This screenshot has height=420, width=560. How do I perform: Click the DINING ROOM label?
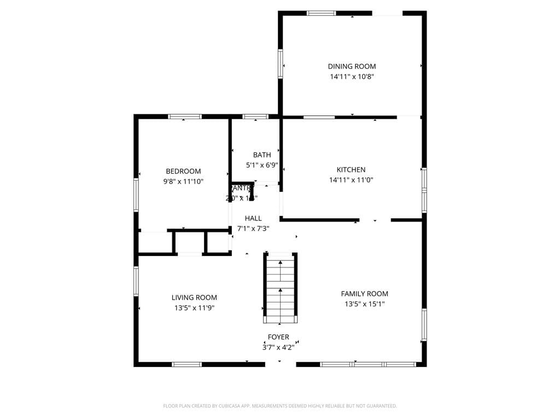pyautogui.click(x=352, y=67)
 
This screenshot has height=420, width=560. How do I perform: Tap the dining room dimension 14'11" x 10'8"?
pyautogui.click(x=352, y=77)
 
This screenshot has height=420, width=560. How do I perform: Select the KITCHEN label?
pyautogui.click(x=351, y=170)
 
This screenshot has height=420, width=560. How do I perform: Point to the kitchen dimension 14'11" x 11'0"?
pyautogui.click(x=351, y=180)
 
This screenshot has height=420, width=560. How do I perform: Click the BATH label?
pyautogui.click(x=262, y=155)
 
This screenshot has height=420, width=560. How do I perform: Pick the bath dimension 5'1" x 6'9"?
pyautogui.click(x=262, y=165)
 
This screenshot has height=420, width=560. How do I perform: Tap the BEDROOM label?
pyautogui.click(x=183, y=171)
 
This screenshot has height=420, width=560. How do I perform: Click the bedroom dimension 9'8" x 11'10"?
pyautogui.click(x=183, y=182)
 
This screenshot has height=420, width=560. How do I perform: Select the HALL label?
pyautogui.click(x=253, y=219)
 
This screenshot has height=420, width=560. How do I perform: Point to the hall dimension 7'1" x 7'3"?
pyautogui.click(x=253, y=229)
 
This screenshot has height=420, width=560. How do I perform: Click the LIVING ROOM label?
pyautogui.click(x=194, y=298)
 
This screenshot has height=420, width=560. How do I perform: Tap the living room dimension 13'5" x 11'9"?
pyautogui.click(x=194, y=308)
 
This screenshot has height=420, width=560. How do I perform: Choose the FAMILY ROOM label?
pyautogui.click(x=364, y=294)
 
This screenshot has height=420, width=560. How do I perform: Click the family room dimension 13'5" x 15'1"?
pyautogui.click(x=364, y=304)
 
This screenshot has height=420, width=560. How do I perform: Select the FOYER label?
pyautogui.click(x=278, y=337)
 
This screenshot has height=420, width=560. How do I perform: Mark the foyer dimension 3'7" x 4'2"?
pyautogui.click(x=278, y=347)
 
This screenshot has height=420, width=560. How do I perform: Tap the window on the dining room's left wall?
pyautogui.click(x=281, y=63)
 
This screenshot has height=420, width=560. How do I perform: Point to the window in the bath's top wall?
pyautogui.click(x=255, y=116)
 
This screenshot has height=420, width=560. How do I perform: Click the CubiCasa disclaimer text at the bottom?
pyautogui.click(x=280, y=406)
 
